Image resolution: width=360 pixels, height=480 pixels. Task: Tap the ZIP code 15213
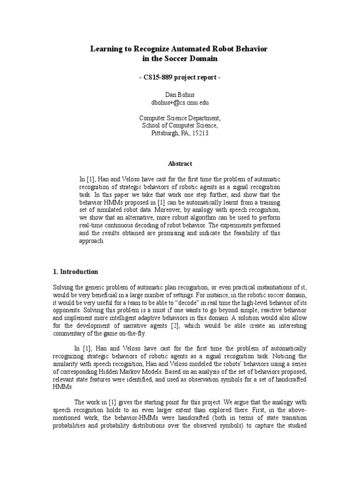(x=199, y=133)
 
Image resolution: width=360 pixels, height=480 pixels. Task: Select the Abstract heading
(x=180, y=164)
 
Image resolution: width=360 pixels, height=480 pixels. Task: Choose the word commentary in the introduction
(x=68, y=334)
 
